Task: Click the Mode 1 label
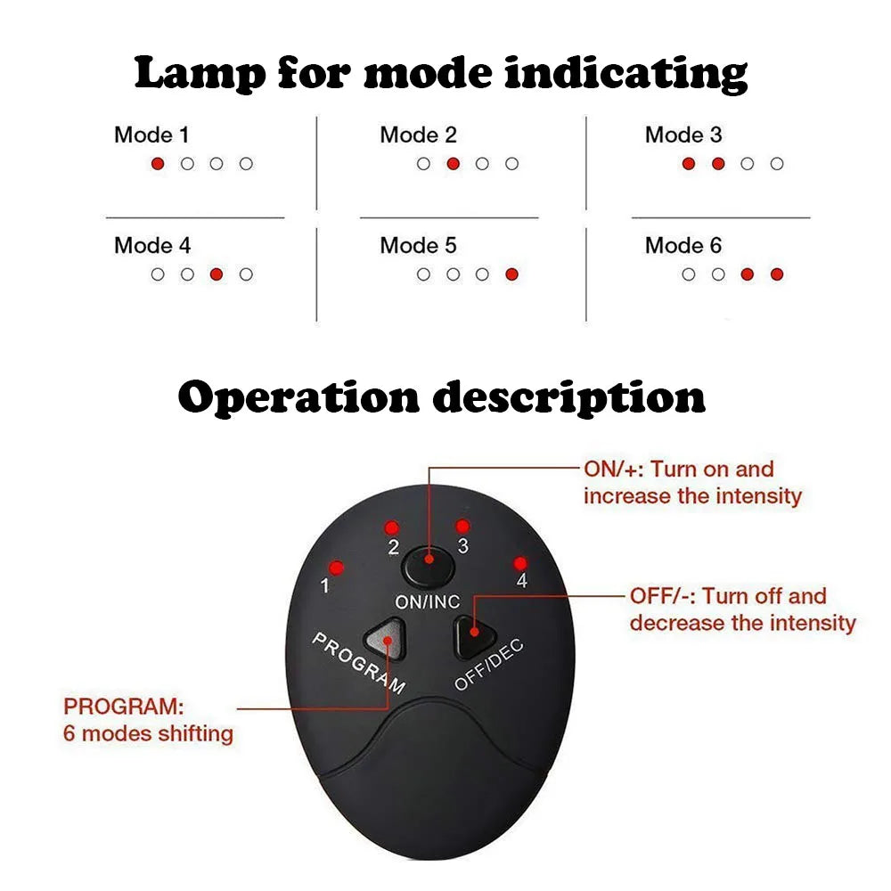(x=151, y=135)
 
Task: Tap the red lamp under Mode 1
(x=158, y=164)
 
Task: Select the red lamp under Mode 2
(x=453, y=164)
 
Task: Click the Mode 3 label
(x=683, y=135)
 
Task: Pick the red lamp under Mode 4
(x=217, y=274)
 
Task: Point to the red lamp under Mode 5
(x=511, y=274)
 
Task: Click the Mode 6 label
(x=683, y=246)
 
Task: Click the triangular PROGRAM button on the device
(x=386, y=634)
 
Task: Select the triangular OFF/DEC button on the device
(x=474, y=633)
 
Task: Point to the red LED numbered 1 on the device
(x=337, y=567)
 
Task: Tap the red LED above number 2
(x=390, y=527)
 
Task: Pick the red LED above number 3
(x=462, y=527)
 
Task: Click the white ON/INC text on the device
(x=429, y=602)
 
